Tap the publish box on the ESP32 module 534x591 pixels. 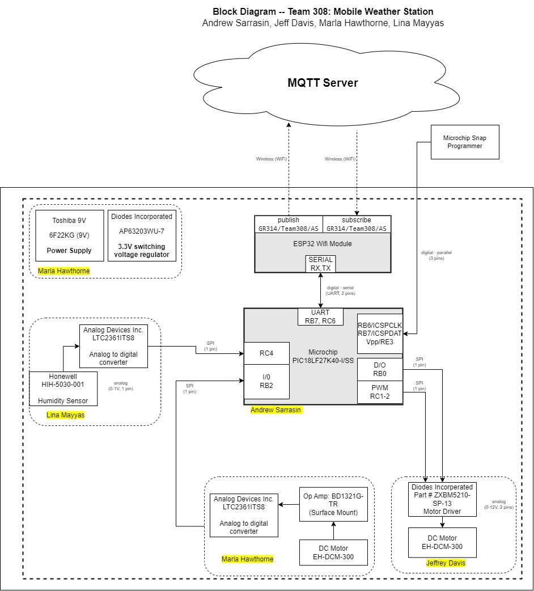(289, 224)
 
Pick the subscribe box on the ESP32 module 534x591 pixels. (357, 224)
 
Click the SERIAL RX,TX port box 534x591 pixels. (321, 264)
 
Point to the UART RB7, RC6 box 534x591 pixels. (321, 316)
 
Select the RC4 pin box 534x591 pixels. (266, 353)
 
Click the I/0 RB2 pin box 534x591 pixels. (266, 382)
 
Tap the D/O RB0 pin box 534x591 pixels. (380, 369)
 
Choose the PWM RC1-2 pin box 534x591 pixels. (380, 392)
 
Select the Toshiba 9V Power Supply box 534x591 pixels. (70, 235)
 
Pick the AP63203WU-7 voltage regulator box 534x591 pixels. (142, 235)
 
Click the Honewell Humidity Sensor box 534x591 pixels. (63, 389)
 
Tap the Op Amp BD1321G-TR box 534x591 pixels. (334, 504)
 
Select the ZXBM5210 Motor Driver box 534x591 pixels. (442, 499)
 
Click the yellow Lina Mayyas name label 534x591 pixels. (65, 415)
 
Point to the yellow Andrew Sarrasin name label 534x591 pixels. (277, 410)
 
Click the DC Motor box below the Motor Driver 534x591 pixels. (442, 542)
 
